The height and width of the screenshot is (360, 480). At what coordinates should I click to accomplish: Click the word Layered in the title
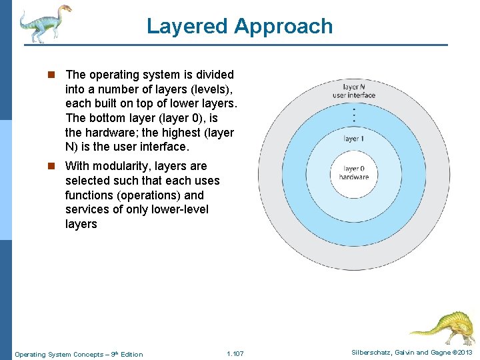click(x=187, y=27)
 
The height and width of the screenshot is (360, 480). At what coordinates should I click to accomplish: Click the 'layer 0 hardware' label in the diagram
click(x=353, y=173)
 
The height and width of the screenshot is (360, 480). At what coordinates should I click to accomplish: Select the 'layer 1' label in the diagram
click(x=353, y=139)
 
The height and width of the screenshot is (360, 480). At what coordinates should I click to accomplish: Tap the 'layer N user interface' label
click(x=353, y=91)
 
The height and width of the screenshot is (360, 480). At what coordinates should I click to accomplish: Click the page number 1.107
click(x=235, y=353)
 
